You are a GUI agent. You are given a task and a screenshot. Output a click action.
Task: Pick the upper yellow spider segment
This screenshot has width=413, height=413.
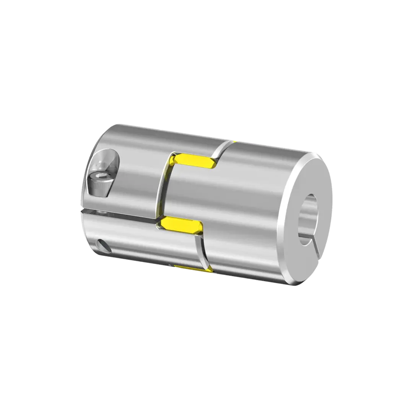coord(195,161)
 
